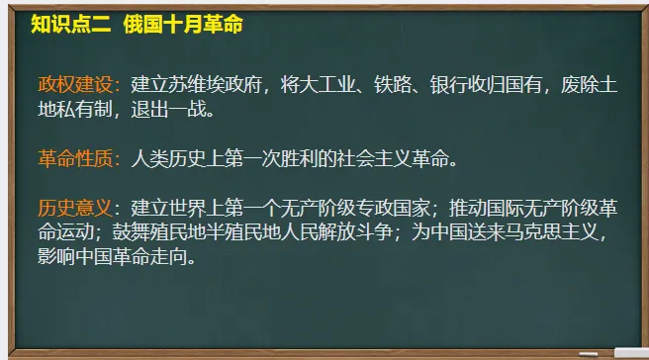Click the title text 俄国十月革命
pyautogui.click(x=183, y=25)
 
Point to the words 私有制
pyautogui.click(x=86, y=109)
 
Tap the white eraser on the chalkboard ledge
pyautogui.click(x=629, y=351)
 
